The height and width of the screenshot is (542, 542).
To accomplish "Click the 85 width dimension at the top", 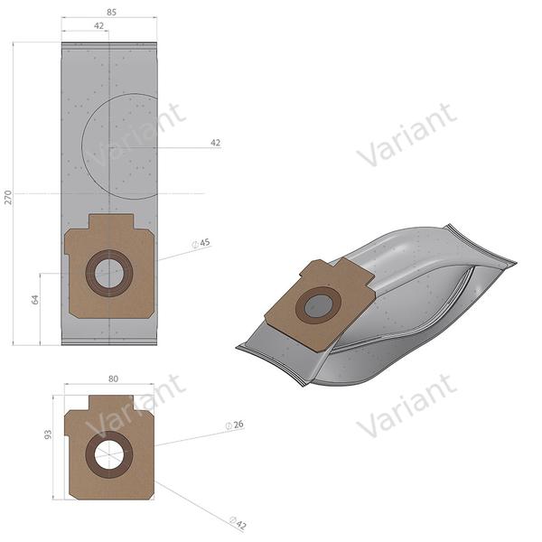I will [x=109, y=13].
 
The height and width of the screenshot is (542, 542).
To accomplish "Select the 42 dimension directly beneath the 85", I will [x=98, y=26].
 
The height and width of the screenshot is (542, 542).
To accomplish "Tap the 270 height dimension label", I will [x=9, y=198].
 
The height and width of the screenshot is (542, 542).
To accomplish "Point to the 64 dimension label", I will [x=35, y=299].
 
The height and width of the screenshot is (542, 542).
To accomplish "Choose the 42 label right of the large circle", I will [x=215, y=143].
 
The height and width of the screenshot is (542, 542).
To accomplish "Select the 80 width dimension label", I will [x=113, y=379].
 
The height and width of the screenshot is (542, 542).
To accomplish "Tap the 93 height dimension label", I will [x=49, y=433].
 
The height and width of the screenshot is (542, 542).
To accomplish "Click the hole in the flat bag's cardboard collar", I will [x=109, y=273].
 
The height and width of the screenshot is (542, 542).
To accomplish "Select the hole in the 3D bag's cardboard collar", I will [x=318, y=306].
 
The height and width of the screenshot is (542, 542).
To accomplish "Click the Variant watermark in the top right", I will [x=406, y=135].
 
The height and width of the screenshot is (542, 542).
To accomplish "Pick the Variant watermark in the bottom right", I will [x=406, y=406].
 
